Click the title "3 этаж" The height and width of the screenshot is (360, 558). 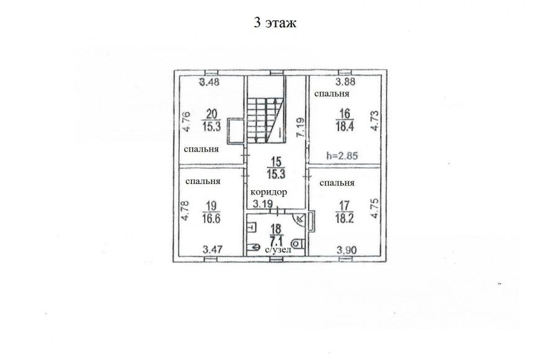[x=275, y=22]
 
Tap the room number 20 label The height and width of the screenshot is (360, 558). [x=212, y=114]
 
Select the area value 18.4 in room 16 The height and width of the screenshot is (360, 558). [x=344, y=126]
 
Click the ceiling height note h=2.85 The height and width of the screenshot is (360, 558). [x=342, y=156]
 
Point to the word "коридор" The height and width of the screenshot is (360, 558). [x=268, y=193]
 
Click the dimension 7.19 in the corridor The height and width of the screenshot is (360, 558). [x=301, y=128]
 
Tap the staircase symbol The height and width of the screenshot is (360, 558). [x=265, y=121]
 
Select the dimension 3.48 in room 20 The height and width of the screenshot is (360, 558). [x=210, y=82]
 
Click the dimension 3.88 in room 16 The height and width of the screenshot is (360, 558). [x=346, y=82]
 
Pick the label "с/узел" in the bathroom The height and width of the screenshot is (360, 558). [x=278, y=250]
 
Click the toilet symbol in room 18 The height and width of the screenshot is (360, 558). [x=298, y=244]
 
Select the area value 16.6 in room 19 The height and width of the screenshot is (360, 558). [x=211, y=218]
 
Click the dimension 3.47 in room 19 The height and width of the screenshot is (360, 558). [x=213, y=249]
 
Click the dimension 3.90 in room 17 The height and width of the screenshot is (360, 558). [x=347, y=250]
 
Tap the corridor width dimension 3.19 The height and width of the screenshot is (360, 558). [x=263, y=204]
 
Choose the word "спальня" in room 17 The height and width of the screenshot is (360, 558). [x=337, y=183]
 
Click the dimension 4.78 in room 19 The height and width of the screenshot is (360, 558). [x=185, y=211]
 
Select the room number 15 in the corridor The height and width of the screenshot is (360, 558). [x=276, y=162]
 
